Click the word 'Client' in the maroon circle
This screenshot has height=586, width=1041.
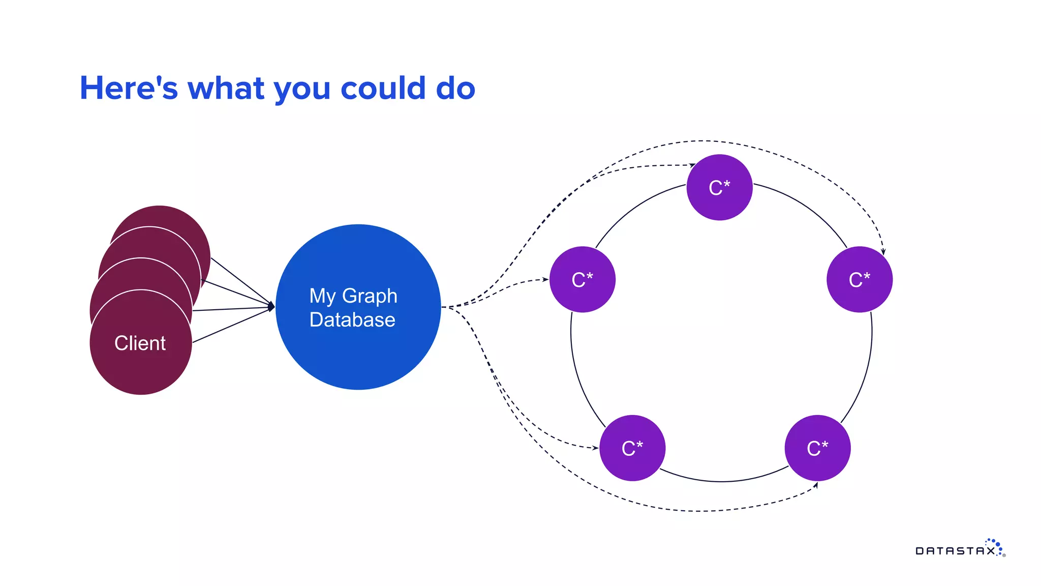(x=140, y=343)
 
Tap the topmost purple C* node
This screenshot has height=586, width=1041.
(x=719, y=188)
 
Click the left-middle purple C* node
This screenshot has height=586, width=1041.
(x=583, y=280)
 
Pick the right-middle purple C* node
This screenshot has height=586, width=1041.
(x=860, y=280)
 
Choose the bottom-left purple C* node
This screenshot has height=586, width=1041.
(x=632, y=448)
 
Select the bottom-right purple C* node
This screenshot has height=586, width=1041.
(x=817, y=448)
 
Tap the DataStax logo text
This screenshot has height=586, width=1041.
(x=956, y=551)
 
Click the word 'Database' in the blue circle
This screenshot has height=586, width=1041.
(x=352, y=320)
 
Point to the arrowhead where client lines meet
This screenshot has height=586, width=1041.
(x=272, y=307)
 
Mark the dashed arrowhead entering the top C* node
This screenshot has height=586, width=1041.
(x=693, y=165)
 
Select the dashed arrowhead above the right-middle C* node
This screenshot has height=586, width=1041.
(x=883, y=251)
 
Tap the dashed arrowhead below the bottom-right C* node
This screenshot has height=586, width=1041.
(x=816, y=485)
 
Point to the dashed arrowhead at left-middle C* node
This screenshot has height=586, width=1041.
(x=545, y=279)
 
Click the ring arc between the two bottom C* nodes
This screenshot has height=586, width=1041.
(x=722, y=481)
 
